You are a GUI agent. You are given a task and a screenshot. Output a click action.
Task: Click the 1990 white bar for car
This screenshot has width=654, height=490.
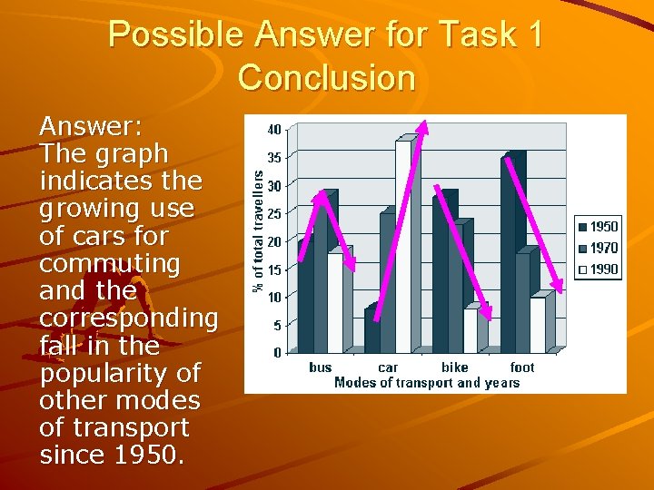point(402,245)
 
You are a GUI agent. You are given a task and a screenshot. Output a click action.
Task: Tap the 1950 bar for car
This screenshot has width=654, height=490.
point(372,330)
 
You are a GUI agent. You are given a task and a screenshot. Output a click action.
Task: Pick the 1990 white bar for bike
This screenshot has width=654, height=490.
point(470,330)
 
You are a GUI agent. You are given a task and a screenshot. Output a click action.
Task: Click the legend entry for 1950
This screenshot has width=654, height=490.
point(597,227)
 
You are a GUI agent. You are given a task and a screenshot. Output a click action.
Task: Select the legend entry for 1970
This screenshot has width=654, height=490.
point(597,248)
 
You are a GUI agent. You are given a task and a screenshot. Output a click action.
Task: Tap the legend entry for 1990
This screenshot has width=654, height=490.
point(597,269)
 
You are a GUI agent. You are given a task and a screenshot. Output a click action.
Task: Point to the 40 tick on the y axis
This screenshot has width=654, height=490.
point(273,130)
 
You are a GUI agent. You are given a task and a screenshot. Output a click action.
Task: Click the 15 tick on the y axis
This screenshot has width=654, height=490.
point(273,269)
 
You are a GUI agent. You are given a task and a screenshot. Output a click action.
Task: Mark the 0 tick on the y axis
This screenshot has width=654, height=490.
point(277,353)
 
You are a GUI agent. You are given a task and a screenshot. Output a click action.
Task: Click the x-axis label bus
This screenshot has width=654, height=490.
point(321,367)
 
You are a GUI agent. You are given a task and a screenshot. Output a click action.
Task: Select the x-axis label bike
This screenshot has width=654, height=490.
point(454,367)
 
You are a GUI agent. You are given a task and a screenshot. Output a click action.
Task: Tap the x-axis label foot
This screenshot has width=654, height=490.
point(522,367)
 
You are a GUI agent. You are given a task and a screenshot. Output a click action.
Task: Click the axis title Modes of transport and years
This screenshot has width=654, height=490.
point(427,382)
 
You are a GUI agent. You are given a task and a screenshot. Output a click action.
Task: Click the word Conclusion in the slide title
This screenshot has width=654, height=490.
point(326,78)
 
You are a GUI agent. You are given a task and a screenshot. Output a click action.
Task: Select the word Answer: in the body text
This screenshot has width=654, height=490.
point(90,126)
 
